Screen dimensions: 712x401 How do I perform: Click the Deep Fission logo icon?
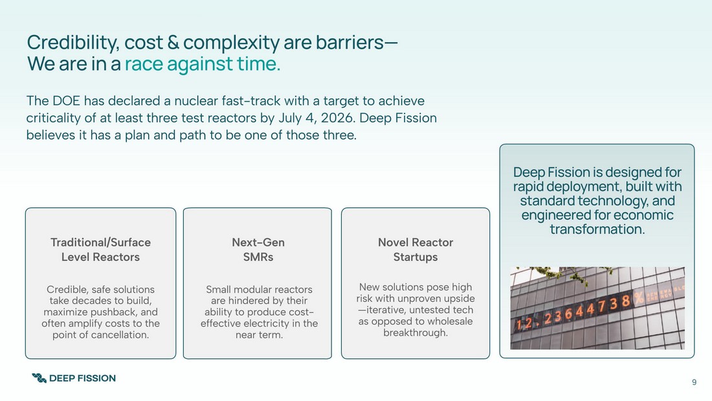pyautogui.click(x=39, y=378)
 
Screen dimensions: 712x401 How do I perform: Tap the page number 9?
pyautogui.click(x=694, y=382)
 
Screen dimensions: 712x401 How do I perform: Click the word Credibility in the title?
pyautogui.click(x=73, y=43)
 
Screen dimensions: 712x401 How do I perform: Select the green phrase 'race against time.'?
pyautogui.click(x=203, y=63)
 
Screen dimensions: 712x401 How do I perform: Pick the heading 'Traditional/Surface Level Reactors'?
pyautogui.click(x=100, y=249)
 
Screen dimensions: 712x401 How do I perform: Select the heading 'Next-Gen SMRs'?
pyautogui.click(x=258, y=249)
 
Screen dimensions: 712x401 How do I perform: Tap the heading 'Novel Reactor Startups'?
pyautogui.click(x=416, y=249)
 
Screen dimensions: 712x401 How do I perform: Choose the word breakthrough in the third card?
pyautogui.click(x=416, y=333)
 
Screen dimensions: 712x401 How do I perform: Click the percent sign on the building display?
pyautogui.click(x=639, y=298)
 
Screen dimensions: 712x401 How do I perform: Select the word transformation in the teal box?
pyautogui.click(x=597, y=229)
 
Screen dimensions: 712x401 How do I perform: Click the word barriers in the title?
pyautogui.click(x=350, y=43)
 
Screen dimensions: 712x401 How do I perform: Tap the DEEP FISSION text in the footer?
pyautogui.click(x=82, y=378)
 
